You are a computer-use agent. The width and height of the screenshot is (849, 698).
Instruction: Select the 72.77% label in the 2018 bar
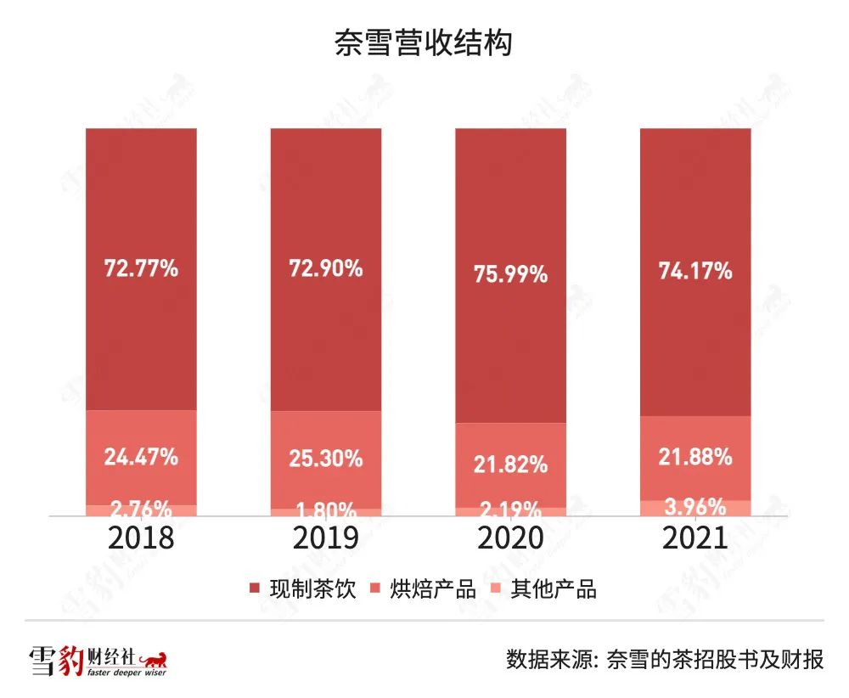point(142,269)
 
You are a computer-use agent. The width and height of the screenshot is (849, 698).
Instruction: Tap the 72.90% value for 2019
point(326,269)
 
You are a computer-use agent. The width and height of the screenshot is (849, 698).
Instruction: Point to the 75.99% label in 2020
point(510,275)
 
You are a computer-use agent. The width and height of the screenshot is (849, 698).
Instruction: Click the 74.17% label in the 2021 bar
point(695,272)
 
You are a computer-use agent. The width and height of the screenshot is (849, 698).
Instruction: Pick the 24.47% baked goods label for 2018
point(142,457)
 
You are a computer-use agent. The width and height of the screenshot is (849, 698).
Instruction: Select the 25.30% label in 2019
point(326,459)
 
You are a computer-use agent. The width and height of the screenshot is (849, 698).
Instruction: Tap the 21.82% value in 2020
point(510,464)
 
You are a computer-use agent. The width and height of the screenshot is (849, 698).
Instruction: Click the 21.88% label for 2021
point(695,457)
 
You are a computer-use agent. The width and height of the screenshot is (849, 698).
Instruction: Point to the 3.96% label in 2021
point(695,508)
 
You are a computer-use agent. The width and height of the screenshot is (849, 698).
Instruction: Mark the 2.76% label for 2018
point(142,510)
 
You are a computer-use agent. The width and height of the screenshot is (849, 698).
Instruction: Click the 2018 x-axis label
point(142,538)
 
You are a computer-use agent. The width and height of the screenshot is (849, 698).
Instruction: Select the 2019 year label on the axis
point(326,538)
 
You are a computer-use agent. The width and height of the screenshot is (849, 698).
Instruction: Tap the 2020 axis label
point(510,538)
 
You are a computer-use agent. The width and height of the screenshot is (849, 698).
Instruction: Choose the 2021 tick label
point(695,538)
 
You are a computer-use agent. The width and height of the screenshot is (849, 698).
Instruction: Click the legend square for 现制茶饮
point(253,588)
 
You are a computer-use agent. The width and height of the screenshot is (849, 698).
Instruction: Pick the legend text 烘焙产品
point(433,588)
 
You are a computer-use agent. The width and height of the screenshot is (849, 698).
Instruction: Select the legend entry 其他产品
point(554,588)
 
